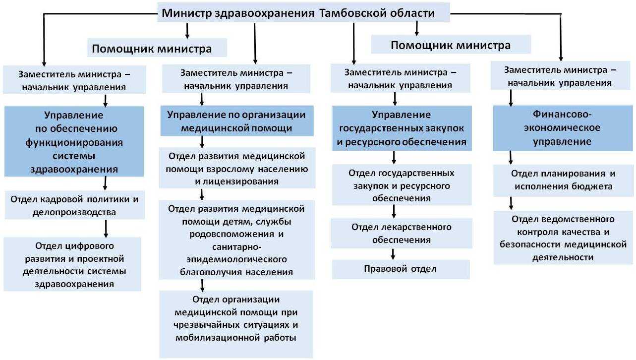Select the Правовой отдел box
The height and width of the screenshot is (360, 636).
pyautogui.click(x=401, y=269)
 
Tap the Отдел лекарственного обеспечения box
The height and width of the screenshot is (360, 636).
pyautogui.click(x=402, y=234)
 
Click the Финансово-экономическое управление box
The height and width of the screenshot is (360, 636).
pyautogui.click(x=563, y=128)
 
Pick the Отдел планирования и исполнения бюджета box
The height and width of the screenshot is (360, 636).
pyautogui.click(x=563, y=180)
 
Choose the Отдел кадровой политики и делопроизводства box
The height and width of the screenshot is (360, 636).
pyautogui.click(x=75, y=205)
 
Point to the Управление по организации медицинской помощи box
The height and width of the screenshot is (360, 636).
pyautogui.click(x=237, y=121)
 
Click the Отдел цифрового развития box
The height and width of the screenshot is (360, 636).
pyautogui.click(x=72, y=264)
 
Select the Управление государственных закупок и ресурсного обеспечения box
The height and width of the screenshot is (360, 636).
pyautogui.click(x=402, y=128)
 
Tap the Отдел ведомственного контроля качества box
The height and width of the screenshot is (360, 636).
pyautogui.click(x=564, y=238)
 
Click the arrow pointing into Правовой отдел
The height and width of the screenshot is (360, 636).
pyautogui.click(x=393, y=254)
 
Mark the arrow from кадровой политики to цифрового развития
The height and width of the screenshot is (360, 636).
pyautogui.click(x=106, y=229)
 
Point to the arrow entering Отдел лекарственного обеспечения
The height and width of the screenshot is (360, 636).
pyautogui.click(x=394, y=212)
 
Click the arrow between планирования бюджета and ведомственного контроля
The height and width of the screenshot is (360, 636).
pyautogui.click(x=511, y=203)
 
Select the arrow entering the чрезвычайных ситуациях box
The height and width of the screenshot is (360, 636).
pyautogui.click(x=202, y=285)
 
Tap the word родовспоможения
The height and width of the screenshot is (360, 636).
pyautogui.click(x=231, y=234)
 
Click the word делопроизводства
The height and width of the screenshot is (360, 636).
pyautogui.click(x=74, y=212)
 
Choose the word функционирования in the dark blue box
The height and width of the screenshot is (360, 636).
pyautogui.click(x=74, y=142)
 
